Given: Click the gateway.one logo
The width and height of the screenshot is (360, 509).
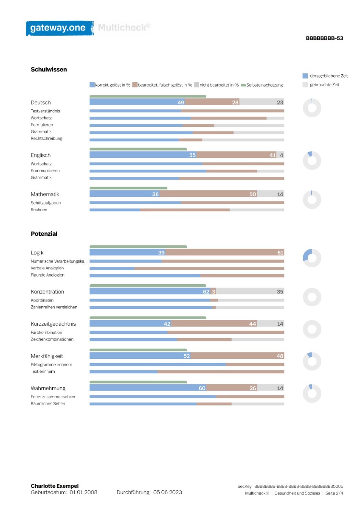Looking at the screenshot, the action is click(x=60, y=28).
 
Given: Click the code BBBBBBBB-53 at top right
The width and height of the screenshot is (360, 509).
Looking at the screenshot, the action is click(x=324, y=38).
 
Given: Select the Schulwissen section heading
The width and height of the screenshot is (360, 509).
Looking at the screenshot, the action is click(x=49, y=69).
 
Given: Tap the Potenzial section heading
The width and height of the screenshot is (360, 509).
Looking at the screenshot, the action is click(x=44, y=234).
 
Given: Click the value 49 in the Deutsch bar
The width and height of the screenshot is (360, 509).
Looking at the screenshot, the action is click(x=180, y=102).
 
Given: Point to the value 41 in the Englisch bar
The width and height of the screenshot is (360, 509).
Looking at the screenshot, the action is click(x=273, y=155).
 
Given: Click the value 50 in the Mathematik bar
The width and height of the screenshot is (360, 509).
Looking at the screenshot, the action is click(x=253, y=194).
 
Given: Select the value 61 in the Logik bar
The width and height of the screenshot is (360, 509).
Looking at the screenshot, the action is click(x=280, y=252).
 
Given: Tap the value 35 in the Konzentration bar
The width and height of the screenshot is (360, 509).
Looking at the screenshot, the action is click(x=280, y=291).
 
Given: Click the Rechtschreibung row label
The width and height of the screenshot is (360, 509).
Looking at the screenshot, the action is click(x=46, y=138).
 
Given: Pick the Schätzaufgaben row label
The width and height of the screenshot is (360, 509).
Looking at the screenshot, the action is click(x=46, y=203).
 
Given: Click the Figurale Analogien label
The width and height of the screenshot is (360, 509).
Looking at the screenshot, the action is click(x=48, y=275).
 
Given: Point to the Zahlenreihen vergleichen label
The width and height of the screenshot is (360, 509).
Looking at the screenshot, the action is click(x=54, y=307).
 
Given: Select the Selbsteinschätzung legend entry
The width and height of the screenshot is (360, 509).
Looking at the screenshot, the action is click(x=262, y=85).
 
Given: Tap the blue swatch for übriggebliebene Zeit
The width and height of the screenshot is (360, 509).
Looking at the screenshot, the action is click(x=305, y=76).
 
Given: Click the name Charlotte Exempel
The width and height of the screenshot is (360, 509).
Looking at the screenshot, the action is click(x=55, y=486).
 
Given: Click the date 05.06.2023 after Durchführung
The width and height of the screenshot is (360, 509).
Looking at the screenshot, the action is click(x=168, y=492).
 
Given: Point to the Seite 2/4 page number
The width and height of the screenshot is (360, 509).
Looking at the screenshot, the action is click(x=334, y=493).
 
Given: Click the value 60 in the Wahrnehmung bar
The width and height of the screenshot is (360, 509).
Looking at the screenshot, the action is click(x=202, y=388).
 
